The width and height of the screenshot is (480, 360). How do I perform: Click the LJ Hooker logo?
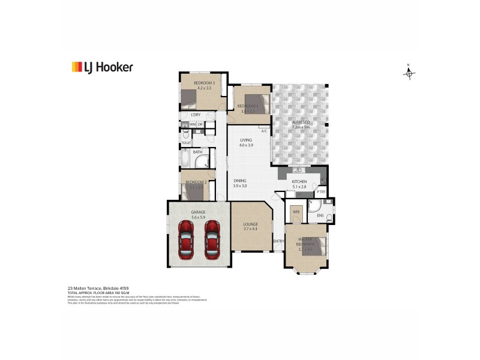tap(102, 67)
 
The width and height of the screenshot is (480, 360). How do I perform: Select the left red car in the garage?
tap(187, 238)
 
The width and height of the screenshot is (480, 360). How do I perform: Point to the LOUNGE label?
tap(251, 224)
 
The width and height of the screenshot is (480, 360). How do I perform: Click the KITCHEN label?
tap(299, 181)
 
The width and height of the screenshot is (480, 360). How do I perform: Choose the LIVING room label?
tap(246, 140)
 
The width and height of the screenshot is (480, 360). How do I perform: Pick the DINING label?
tap(241, 181)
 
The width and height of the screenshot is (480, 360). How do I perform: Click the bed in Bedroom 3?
tap(190, 97)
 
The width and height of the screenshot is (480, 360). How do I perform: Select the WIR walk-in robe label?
tap(296, 212)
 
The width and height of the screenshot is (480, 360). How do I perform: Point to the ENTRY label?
tap(278, 241)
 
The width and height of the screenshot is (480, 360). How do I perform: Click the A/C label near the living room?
tap(264, 131)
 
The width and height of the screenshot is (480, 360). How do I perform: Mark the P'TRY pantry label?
tap(322, 192)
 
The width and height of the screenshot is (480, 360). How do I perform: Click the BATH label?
tap(197, 152)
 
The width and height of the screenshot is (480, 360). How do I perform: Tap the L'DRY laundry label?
tap(196, 115)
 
